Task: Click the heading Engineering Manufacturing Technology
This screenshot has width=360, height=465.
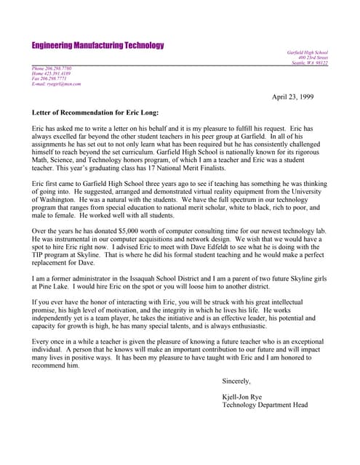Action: (97, 45)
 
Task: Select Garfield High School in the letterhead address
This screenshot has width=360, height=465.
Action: (308, 52)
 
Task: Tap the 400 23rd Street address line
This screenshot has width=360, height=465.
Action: (312, 57)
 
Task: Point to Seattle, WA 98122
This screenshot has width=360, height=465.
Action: (310, 63)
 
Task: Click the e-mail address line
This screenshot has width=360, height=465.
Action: (57, 84)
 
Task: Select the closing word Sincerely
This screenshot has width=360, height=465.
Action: (236, 381)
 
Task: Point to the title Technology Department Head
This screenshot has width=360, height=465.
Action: (265, 405)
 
